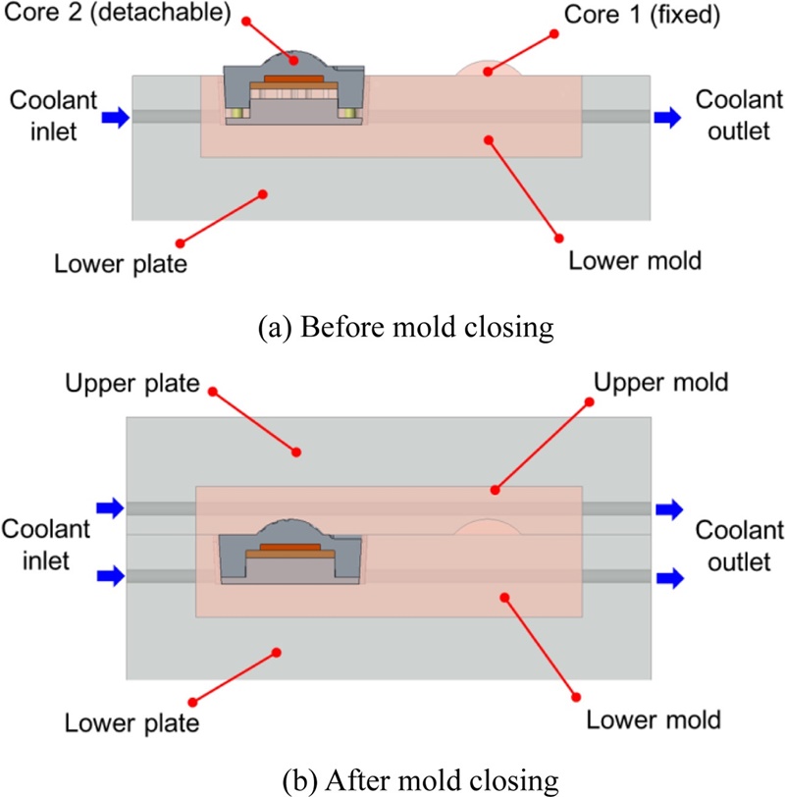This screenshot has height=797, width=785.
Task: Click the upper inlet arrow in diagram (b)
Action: (110, 507)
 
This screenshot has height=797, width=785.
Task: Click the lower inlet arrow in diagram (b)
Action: (110, 575)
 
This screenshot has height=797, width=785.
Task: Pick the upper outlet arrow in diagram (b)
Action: (671, 507)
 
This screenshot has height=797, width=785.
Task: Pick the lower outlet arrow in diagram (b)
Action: (671, 575)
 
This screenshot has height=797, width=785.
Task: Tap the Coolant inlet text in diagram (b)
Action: (47, 543)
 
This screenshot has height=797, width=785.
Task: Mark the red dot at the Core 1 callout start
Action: (554, 33)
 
